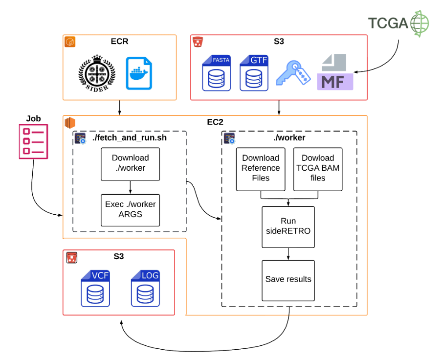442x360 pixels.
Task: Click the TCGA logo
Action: tap(398, 23)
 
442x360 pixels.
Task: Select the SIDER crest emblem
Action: tap(97, 73)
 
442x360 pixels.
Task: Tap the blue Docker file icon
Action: tap(138, 73)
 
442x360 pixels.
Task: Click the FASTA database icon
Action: tap(217, 73)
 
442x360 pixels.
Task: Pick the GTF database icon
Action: tap(254, 73)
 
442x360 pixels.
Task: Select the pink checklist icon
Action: tap(33, 141)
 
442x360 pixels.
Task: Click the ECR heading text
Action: tap(119, 42)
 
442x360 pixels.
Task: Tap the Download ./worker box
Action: tap(130, 163)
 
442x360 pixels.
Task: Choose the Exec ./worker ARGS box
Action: tap(130, 209)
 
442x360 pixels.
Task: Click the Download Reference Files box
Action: tap(261, 168)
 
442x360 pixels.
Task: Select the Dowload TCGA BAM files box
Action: tap(318, 168)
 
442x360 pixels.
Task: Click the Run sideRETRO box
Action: tap(288, 226)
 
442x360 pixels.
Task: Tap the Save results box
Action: tap(288, 280)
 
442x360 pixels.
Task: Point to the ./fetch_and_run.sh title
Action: tap(130, 138)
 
